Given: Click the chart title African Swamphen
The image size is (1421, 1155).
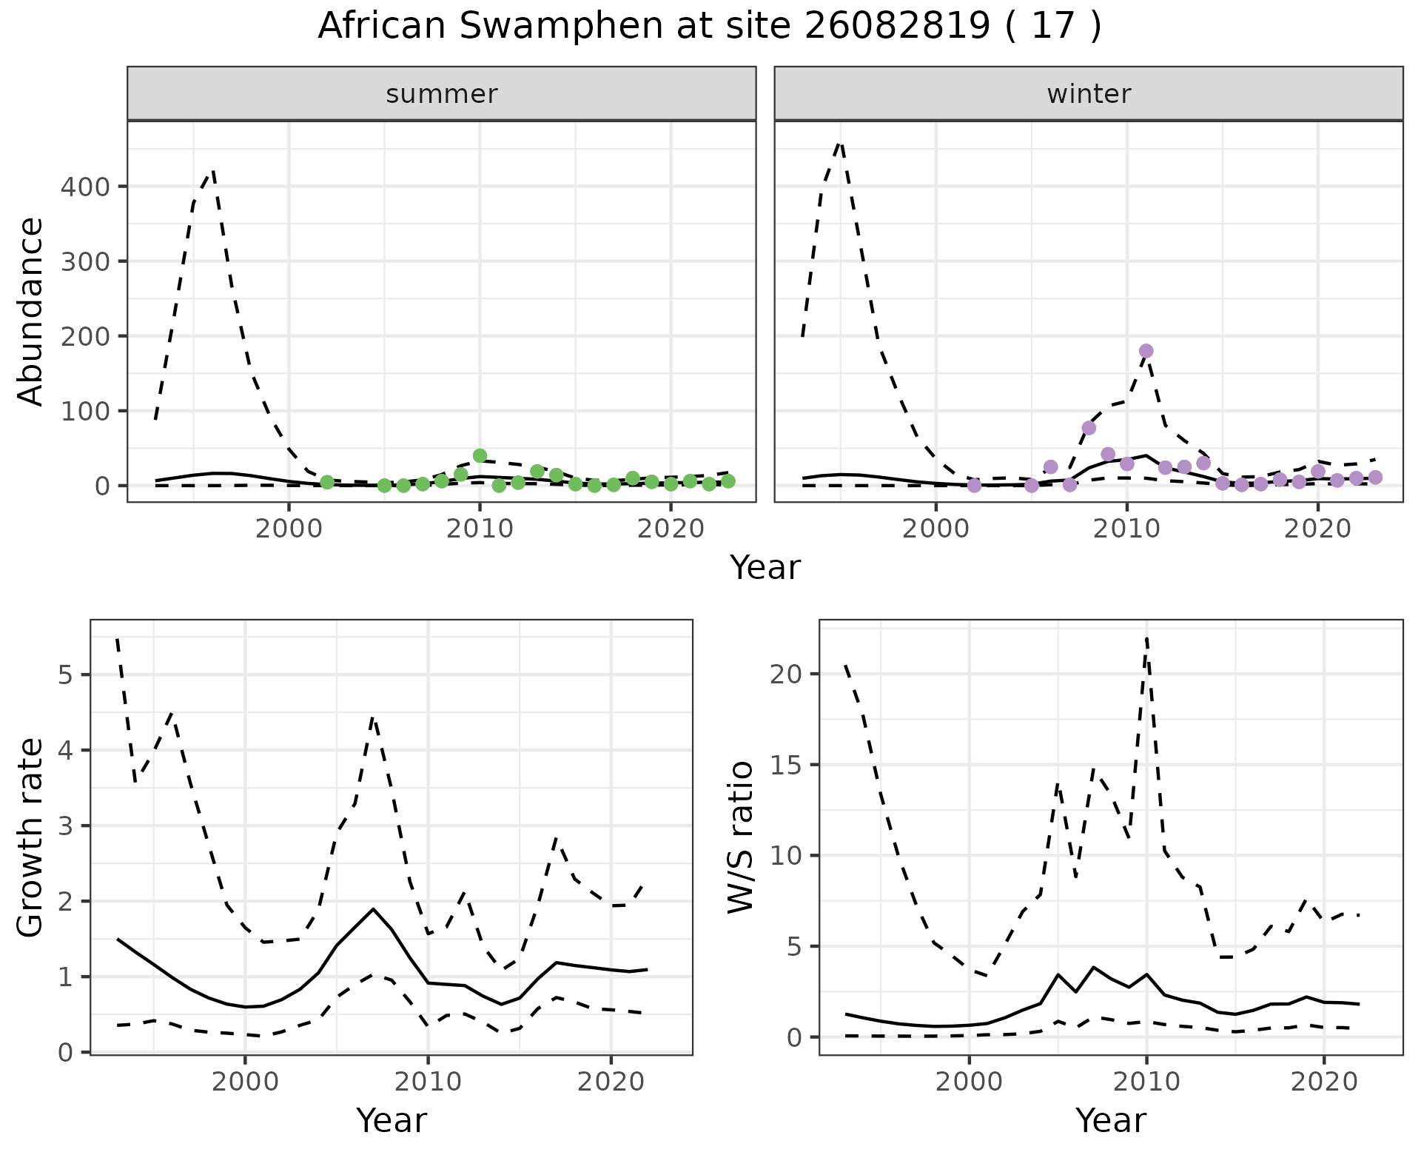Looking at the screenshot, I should tap(709, 27).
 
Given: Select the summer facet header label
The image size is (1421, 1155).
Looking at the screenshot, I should tap(442, 94).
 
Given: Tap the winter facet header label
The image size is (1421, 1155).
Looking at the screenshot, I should tap(1089, 94).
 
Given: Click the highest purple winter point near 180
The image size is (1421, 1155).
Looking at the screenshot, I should tap(1146, 351).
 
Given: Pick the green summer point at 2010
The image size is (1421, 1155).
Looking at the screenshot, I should tap(480, 456).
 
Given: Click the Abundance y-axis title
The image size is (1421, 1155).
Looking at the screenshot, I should tap(31, 311).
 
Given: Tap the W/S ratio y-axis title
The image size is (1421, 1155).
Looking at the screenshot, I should tap(741, 837).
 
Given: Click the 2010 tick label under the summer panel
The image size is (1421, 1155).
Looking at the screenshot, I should tap(480, 529).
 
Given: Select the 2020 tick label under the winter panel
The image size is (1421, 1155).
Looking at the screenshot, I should tap(1317, 529).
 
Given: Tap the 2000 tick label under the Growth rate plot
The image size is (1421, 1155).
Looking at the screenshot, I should tap(245, 1082).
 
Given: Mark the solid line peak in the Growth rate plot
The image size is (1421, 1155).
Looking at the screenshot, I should tap(374, 908).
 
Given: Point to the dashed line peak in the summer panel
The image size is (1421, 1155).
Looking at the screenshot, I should tap(213, 172).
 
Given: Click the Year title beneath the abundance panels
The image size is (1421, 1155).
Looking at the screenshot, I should tap(765, 568).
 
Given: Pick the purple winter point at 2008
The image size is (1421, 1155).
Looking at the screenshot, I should tap(1089, 428).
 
